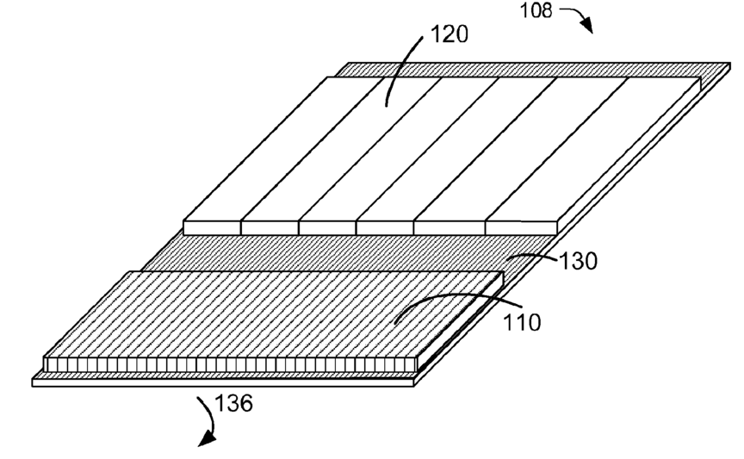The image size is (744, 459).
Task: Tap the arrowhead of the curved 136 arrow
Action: click(205, 442)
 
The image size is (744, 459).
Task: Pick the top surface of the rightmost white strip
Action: click(594, 146)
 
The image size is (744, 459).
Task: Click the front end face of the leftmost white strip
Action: click(212, 227)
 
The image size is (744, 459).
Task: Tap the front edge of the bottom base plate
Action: click(224, 381)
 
